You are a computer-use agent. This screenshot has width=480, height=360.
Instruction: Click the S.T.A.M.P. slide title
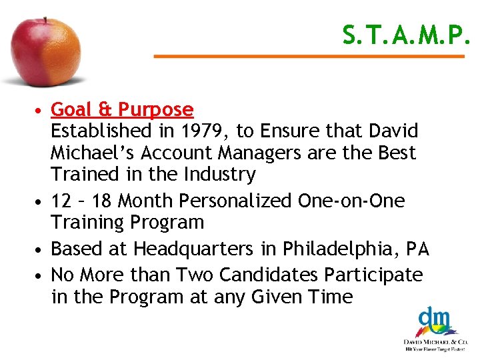coord(406,35)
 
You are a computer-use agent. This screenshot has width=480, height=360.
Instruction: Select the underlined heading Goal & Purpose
coord(122,109)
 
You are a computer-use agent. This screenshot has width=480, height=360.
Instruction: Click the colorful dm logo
coord(434,321)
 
